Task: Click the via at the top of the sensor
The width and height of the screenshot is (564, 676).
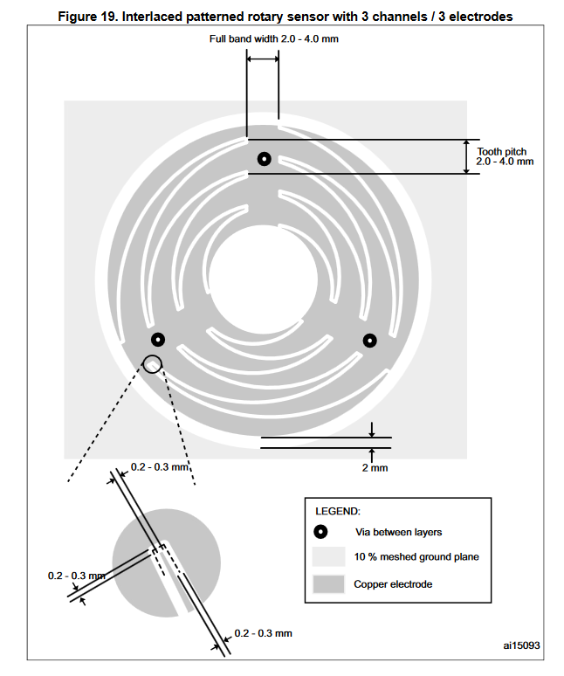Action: [x=264, y=159]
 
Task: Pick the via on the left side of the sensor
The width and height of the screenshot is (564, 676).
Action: [x=158, y=340]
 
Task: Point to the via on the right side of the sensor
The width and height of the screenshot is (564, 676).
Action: [x=369, y=340]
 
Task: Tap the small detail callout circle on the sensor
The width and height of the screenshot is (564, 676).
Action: [x=153, y=363]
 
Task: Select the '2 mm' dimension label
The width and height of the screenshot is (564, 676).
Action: [x=373, y=468]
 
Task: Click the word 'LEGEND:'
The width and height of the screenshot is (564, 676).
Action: [x=337, y=511]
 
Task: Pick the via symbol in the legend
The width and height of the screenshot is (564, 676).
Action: [x=320, y=532]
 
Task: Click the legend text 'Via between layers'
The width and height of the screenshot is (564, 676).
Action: [x=397, y=532]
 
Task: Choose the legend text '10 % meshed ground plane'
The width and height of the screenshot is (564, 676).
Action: [x=416, y=557]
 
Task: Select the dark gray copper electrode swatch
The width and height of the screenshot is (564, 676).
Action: [x=327, y=583]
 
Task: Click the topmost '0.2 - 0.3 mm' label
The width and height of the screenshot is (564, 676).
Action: [x=160, y=466]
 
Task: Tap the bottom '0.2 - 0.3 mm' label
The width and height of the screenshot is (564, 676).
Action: [x=263, y=632]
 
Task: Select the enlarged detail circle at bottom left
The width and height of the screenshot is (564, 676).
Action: [x=166, y=560]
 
